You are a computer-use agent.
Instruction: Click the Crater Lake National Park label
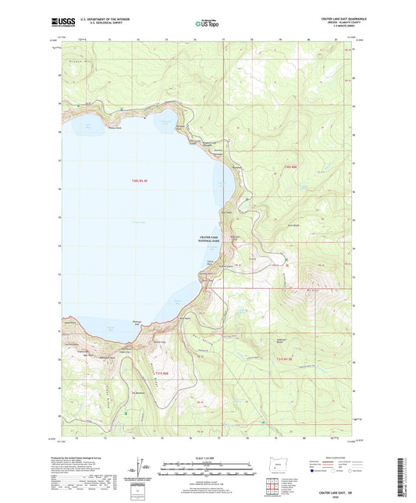(210, 240)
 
